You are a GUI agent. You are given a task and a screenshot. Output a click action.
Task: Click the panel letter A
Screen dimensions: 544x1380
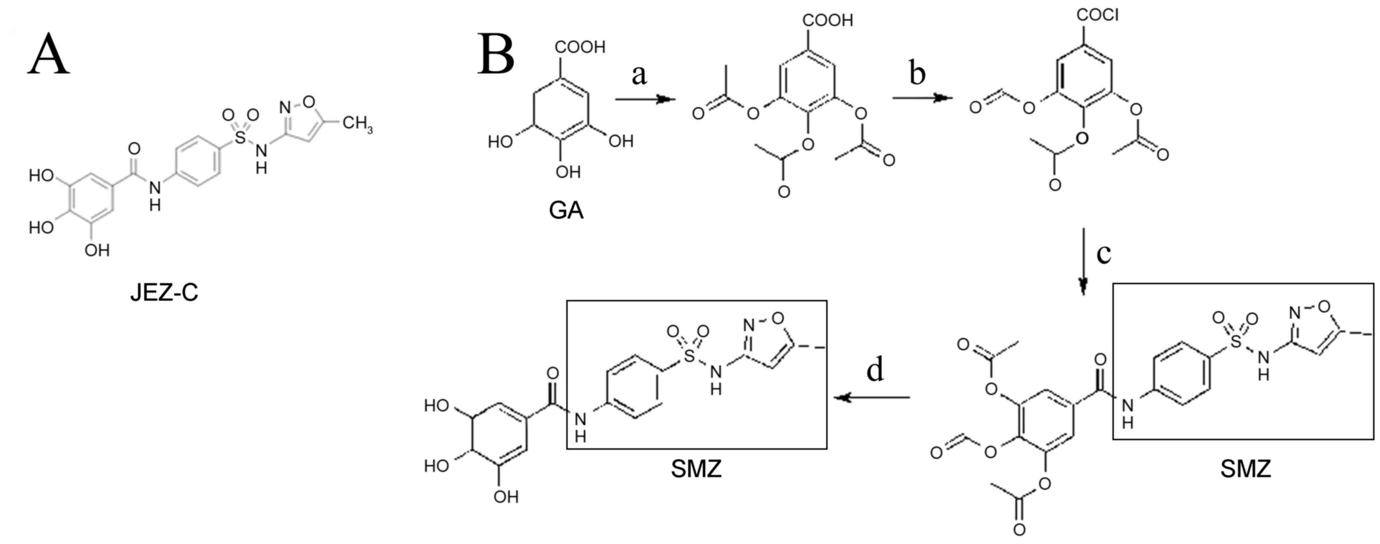[x=48, y=55]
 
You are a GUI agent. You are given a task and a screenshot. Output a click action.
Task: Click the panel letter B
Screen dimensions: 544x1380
[x=495, y=55]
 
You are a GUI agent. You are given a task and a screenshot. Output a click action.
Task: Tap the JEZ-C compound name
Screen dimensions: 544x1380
[x=164, y=293]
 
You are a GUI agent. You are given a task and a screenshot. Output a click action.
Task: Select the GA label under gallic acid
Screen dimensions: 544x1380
[x=566, y=210]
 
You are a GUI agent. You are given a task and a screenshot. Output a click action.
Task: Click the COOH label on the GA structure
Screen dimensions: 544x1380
[x=580, y=47]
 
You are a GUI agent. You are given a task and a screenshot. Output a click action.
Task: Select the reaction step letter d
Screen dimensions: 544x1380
[x=875, y=370]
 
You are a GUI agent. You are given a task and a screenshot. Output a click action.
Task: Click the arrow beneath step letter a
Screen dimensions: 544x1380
[x=645, y=99]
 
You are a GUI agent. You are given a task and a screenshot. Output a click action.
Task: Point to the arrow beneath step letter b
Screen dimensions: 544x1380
[x=923, y=98]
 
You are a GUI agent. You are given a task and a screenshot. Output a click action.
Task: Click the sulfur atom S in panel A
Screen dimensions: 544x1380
[x=241, y=138]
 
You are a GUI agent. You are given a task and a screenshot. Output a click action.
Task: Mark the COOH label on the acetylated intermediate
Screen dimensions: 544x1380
[x=827, y=20]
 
